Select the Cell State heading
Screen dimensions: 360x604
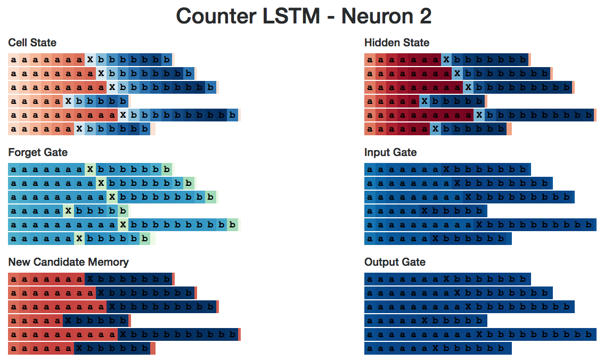tap(32, 43)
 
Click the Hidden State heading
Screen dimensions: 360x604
tap(397, 43)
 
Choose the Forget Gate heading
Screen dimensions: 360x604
tap(38, 152)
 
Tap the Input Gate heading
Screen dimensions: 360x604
tap(390, 152)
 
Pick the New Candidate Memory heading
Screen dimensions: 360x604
tap(69, 262)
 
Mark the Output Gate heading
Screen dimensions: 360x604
tap(395, 262)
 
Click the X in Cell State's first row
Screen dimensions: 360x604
tap(90, 59)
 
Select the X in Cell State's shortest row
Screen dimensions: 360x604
tap(68, 101)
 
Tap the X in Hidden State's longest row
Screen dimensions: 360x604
tap(479, 114)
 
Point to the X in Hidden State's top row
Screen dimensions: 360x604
tap(446, 59)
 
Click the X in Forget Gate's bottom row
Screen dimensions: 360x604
tap(79, 238)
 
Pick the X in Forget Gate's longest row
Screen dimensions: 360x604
tap(123, 224)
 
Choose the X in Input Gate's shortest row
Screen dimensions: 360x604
tap(425, 210)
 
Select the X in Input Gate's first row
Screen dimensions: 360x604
tap(446, 169)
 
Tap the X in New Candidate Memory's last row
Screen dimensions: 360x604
tap(79, 348)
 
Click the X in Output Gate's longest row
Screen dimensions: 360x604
tap(479, 334)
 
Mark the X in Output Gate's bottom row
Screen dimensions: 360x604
tap(436, 348)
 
